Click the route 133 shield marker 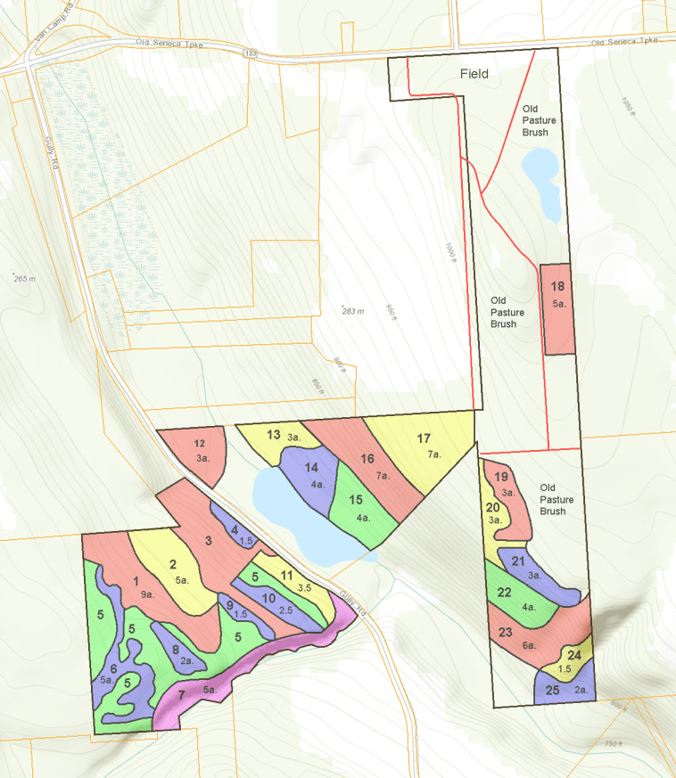(251, 54)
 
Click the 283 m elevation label (353, 311)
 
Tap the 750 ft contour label (611, 743)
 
